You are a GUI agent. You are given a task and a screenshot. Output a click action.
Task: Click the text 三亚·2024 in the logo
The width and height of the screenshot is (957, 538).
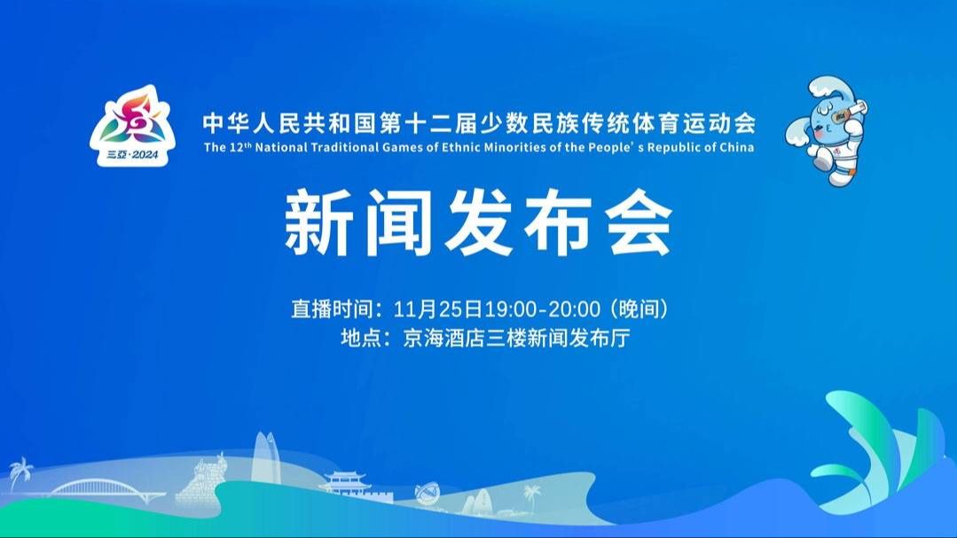[x=132, y=155]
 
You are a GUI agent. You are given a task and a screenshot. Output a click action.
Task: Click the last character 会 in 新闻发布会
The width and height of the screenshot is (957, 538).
[x=639, y=222]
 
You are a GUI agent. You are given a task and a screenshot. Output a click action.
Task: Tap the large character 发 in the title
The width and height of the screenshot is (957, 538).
[x=479, y=222]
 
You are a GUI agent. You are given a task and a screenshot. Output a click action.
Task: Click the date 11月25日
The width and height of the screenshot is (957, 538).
[x=437, y=309]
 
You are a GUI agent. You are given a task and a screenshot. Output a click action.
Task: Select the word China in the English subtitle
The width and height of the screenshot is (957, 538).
[x=737, y=147]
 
